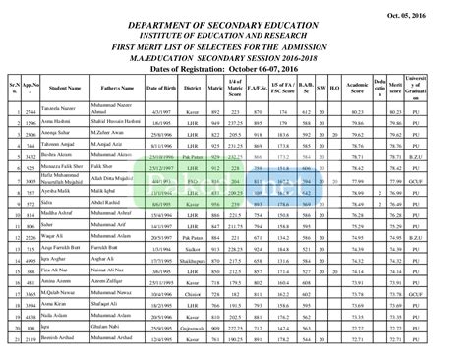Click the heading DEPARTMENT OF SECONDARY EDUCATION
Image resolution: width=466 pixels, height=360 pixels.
click(232, 24)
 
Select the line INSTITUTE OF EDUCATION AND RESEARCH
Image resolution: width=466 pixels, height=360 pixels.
click(232, 34)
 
